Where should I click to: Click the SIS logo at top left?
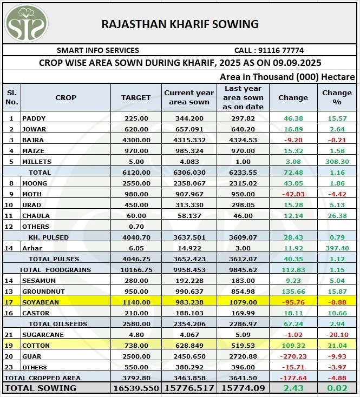(x=27, y=23)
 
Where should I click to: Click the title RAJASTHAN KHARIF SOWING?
(x=180, y=24)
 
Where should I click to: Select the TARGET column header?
(x=136, y=98)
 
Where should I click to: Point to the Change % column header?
(x=337, y=98)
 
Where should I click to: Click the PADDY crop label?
(x=34, y=118)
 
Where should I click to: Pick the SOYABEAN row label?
(x=41, y=302)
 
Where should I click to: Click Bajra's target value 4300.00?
(x=136, y=140)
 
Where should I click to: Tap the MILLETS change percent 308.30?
(x=337, y=161)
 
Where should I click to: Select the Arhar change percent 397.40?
(x=337, y=248)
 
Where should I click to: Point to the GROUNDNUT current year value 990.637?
(x=189, y=292)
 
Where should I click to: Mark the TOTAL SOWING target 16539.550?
(x=135, y=388)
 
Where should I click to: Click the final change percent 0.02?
(x=337, y=388)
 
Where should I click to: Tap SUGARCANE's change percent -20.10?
(x=337, y=335)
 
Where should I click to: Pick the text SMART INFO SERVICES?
(x=98, y=50)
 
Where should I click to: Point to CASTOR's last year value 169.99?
(x=243, y=313)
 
